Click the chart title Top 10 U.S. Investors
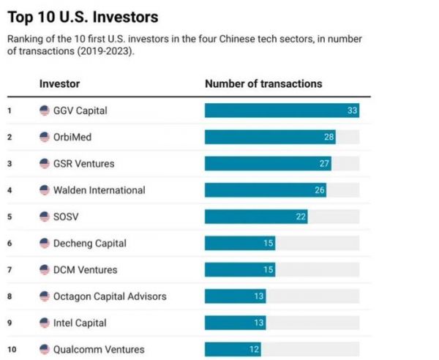(x=83, y=16)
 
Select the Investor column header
(x=59, y=84)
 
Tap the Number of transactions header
(x=263, y=84)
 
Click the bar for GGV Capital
(x=282, y=110)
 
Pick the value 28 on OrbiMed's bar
(x=329, y=137)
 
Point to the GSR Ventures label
(x=83, y=164)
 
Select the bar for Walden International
(x=265, y=190)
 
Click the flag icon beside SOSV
(x=45, y=217)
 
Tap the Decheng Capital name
(x=89, y=243)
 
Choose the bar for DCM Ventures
(x=239, y=270)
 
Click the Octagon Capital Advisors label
(x=110, y=296)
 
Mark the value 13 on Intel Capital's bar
(x=259, y=323)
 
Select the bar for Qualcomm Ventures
(x=233, y=350)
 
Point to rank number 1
(x=10, y=111)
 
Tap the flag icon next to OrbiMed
(x=45, y=138)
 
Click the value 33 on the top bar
(x=351, y=110)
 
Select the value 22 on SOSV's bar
(x=301, y=217)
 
